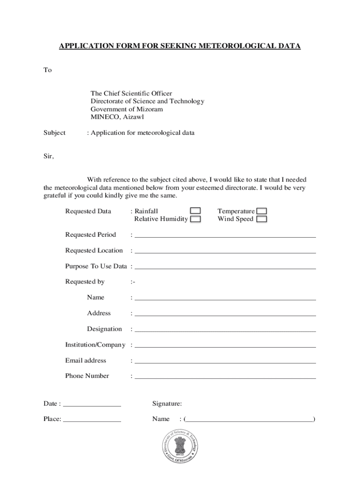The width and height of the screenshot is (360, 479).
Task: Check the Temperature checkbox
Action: point(262,211)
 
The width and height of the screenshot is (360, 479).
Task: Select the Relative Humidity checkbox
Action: point(195,219)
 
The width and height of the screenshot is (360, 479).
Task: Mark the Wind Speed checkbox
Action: point(262,219)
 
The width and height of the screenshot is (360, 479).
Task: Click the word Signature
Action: point(167,404)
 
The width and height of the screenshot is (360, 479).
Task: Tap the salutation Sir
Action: point(49,157)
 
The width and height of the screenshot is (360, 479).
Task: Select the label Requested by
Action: point(85,282)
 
